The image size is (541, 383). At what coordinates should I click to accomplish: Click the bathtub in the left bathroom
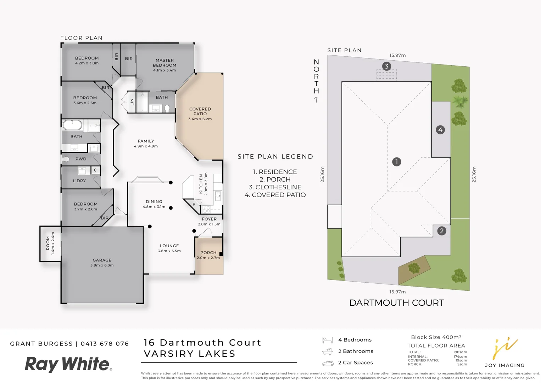(72, 125)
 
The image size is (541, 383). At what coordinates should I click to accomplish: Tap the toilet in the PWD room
(66, 159)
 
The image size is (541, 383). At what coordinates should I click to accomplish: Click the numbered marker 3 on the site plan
(386, 66)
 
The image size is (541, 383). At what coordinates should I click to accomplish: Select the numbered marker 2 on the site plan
(441, 231)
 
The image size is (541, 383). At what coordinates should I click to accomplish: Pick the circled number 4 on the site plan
(440, 130)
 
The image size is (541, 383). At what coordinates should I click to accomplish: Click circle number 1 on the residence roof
(397, 162)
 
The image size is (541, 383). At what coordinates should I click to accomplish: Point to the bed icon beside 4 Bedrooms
(327, 340)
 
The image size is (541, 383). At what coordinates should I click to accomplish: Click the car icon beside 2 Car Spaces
(328, 363)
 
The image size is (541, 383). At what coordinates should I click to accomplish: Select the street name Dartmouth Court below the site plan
(397, 303)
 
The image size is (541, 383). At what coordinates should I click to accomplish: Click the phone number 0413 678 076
(105, 344)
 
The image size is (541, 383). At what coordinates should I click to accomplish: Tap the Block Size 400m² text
(436, 337)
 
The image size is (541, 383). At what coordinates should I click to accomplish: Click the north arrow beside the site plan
(316, 100)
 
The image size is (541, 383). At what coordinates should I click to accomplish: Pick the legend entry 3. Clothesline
(275, 187)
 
